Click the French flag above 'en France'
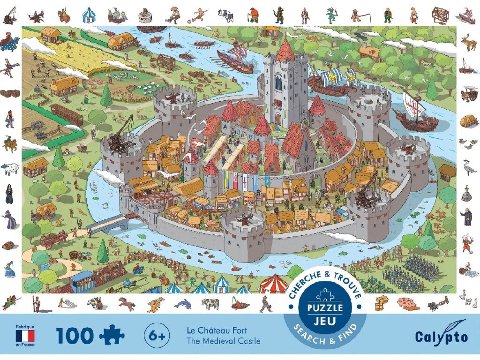[x=25, y=336]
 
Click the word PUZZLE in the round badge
[x=325, y=308]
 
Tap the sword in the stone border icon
[x=467, y=192]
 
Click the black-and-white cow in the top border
[x=227, y=15]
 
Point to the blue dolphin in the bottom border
[x=183, y=304]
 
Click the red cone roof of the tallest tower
[x=285, y=51]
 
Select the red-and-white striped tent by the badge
[x=273, y=284]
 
